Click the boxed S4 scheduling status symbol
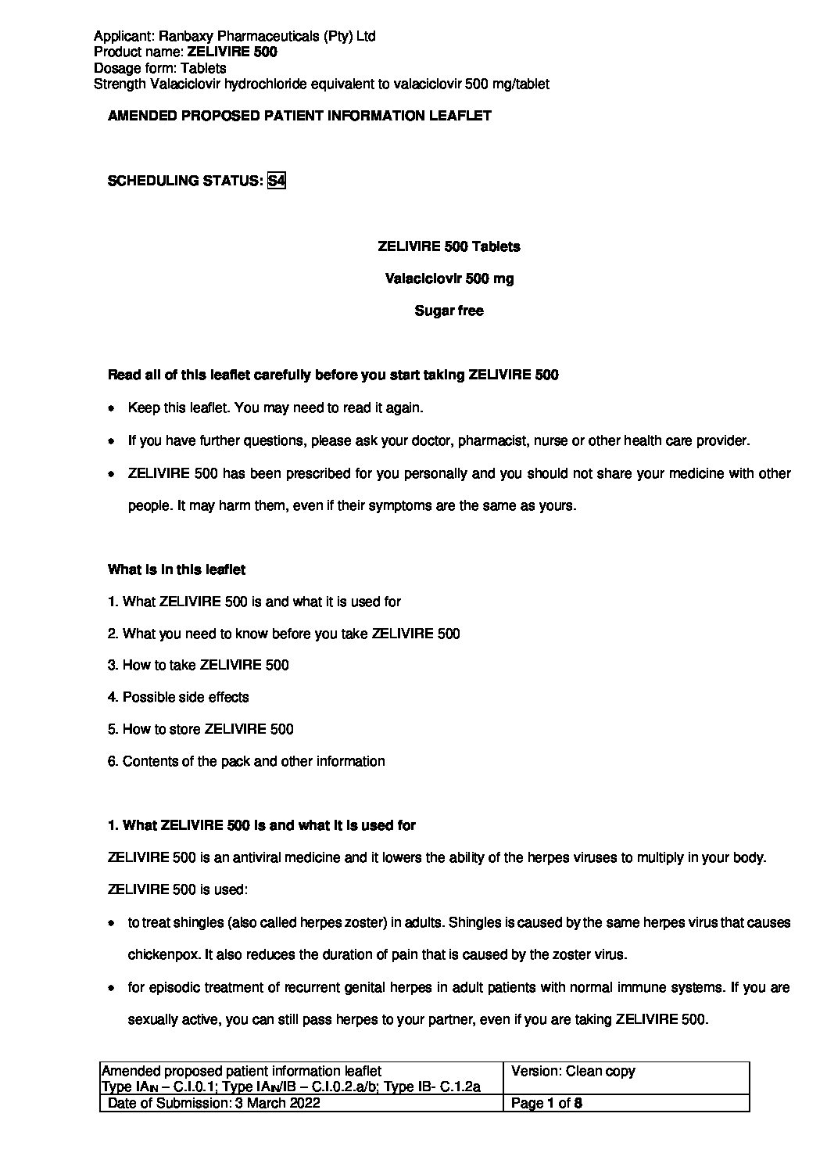click(x=276, y=181)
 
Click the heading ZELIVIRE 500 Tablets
click(x=449, y=246)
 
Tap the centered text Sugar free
click(x=449, y=311)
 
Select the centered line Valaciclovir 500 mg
click(x=449, y=278)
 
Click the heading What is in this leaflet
click(x=177, y=569)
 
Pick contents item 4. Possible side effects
click(x=178, y=697)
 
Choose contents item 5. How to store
click(x=201, y=729)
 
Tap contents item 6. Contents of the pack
click(x=246, y=761)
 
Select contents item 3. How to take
click(x=199, y=665)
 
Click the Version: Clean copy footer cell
click(x=573, y=1071)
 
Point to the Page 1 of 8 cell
click(x=546, y=1104)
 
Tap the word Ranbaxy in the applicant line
click(x=181, y=36)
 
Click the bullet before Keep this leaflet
click(x=113, y=408)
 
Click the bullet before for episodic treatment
click(x=113, y=988)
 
